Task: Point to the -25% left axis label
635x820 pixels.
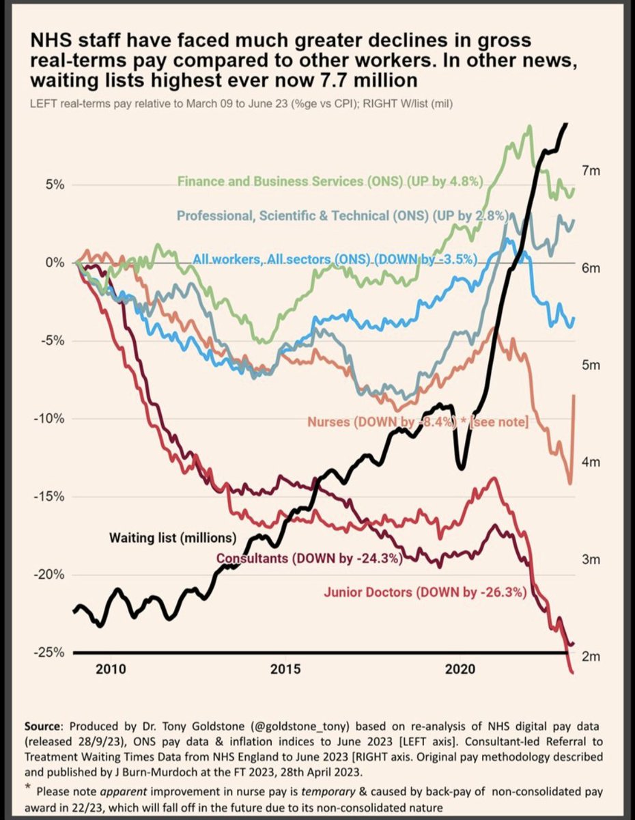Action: [48, 653]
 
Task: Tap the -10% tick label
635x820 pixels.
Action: [48, 419]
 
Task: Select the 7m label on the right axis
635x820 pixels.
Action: [591, 171]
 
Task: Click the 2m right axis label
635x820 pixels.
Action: [591, 657]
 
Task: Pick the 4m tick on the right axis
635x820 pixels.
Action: [591, 462]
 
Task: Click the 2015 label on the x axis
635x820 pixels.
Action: [286, 669]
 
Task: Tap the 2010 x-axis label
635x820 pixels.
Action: [111, 669]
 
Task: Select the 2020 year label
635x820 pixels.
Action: [460, 669]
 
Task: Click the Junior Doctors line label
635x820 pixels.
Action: [425, 592]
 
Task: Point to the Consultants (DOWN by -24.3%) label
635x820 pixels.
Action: [309, 558]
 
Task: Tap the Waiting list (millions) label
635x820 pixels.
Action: [173, 537]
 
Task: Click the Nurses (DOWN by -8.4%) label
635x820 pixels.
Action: [418, 422]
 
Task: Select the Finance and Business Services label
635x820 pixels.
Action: [330, 182]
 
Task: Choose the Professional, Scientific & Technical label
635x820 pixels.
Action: [343, 215]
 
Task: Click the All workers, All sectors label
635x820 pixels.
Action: [335, 259]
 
